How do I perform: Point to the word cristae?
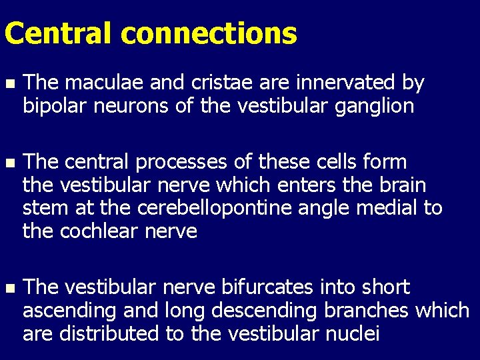tap(219, 83)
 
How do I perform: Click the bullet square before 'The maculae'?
tap(9, 83)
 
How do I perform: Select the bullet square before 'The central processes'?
tap(9, 163)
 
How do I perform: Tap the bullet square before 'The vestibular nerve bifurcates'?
tap(9, 288)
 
